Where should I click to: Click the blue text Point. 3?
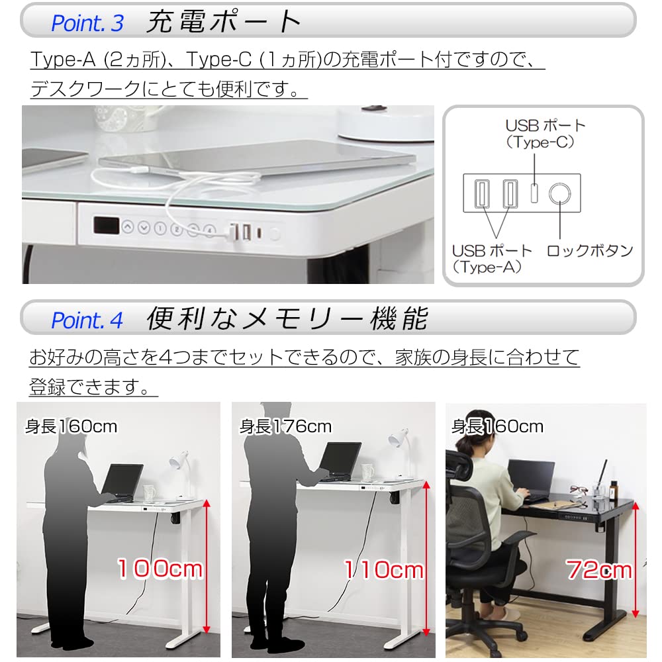click(x=87, y=23)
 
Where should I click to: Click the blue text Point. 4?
click(x=87, y=320)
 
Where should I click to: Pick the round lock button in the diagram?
click(x=561, y=193)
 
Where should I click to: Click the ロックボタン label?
click(x=590, y=251)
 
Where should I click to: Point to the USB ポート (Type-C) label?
click(x=546, y=133)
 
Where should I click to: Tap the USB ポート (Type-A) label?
click(x=492, y=259)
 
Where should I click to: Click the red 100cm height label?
click(x=160, y=568)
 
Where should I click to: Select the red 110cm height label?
click(x=383, y=569)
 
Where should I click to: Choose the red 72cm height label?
click(x=599, y=568)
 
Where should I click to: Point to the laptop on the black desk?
click(x=532, y=477)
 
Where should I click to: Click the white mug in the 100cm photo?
click(x=148, y=493)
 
